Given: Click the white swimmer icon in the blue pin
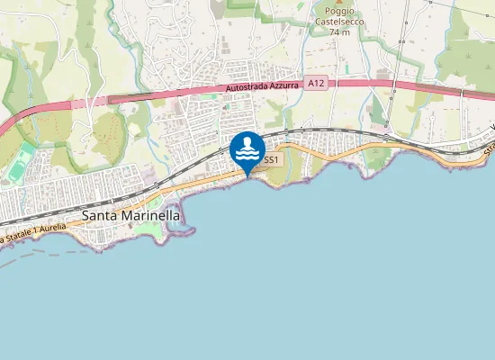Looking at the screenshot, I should pyautogui.click(x=247, y=149).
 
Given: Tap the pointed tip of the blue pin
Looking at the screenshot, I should pyautogui.click(x=247, y=175).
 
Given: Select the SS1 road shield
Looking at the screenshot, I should pyautogui.click(x=271, y=159).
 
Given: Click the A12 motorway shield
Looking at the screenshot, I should pyautogui.click(x=315, y=84).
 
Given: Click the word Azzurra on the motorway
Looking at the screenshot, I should pyautogui.click(x=285, y=85).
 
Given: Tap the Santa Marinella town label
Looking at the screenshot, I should pyautogui.click(x=130, y=216).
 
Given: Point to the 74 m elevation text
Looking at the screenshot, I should pyautogui.click(x=339, y=32).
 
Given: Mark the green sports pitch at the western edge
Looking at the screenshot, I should pyautogui.click(x=22, y=167).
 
